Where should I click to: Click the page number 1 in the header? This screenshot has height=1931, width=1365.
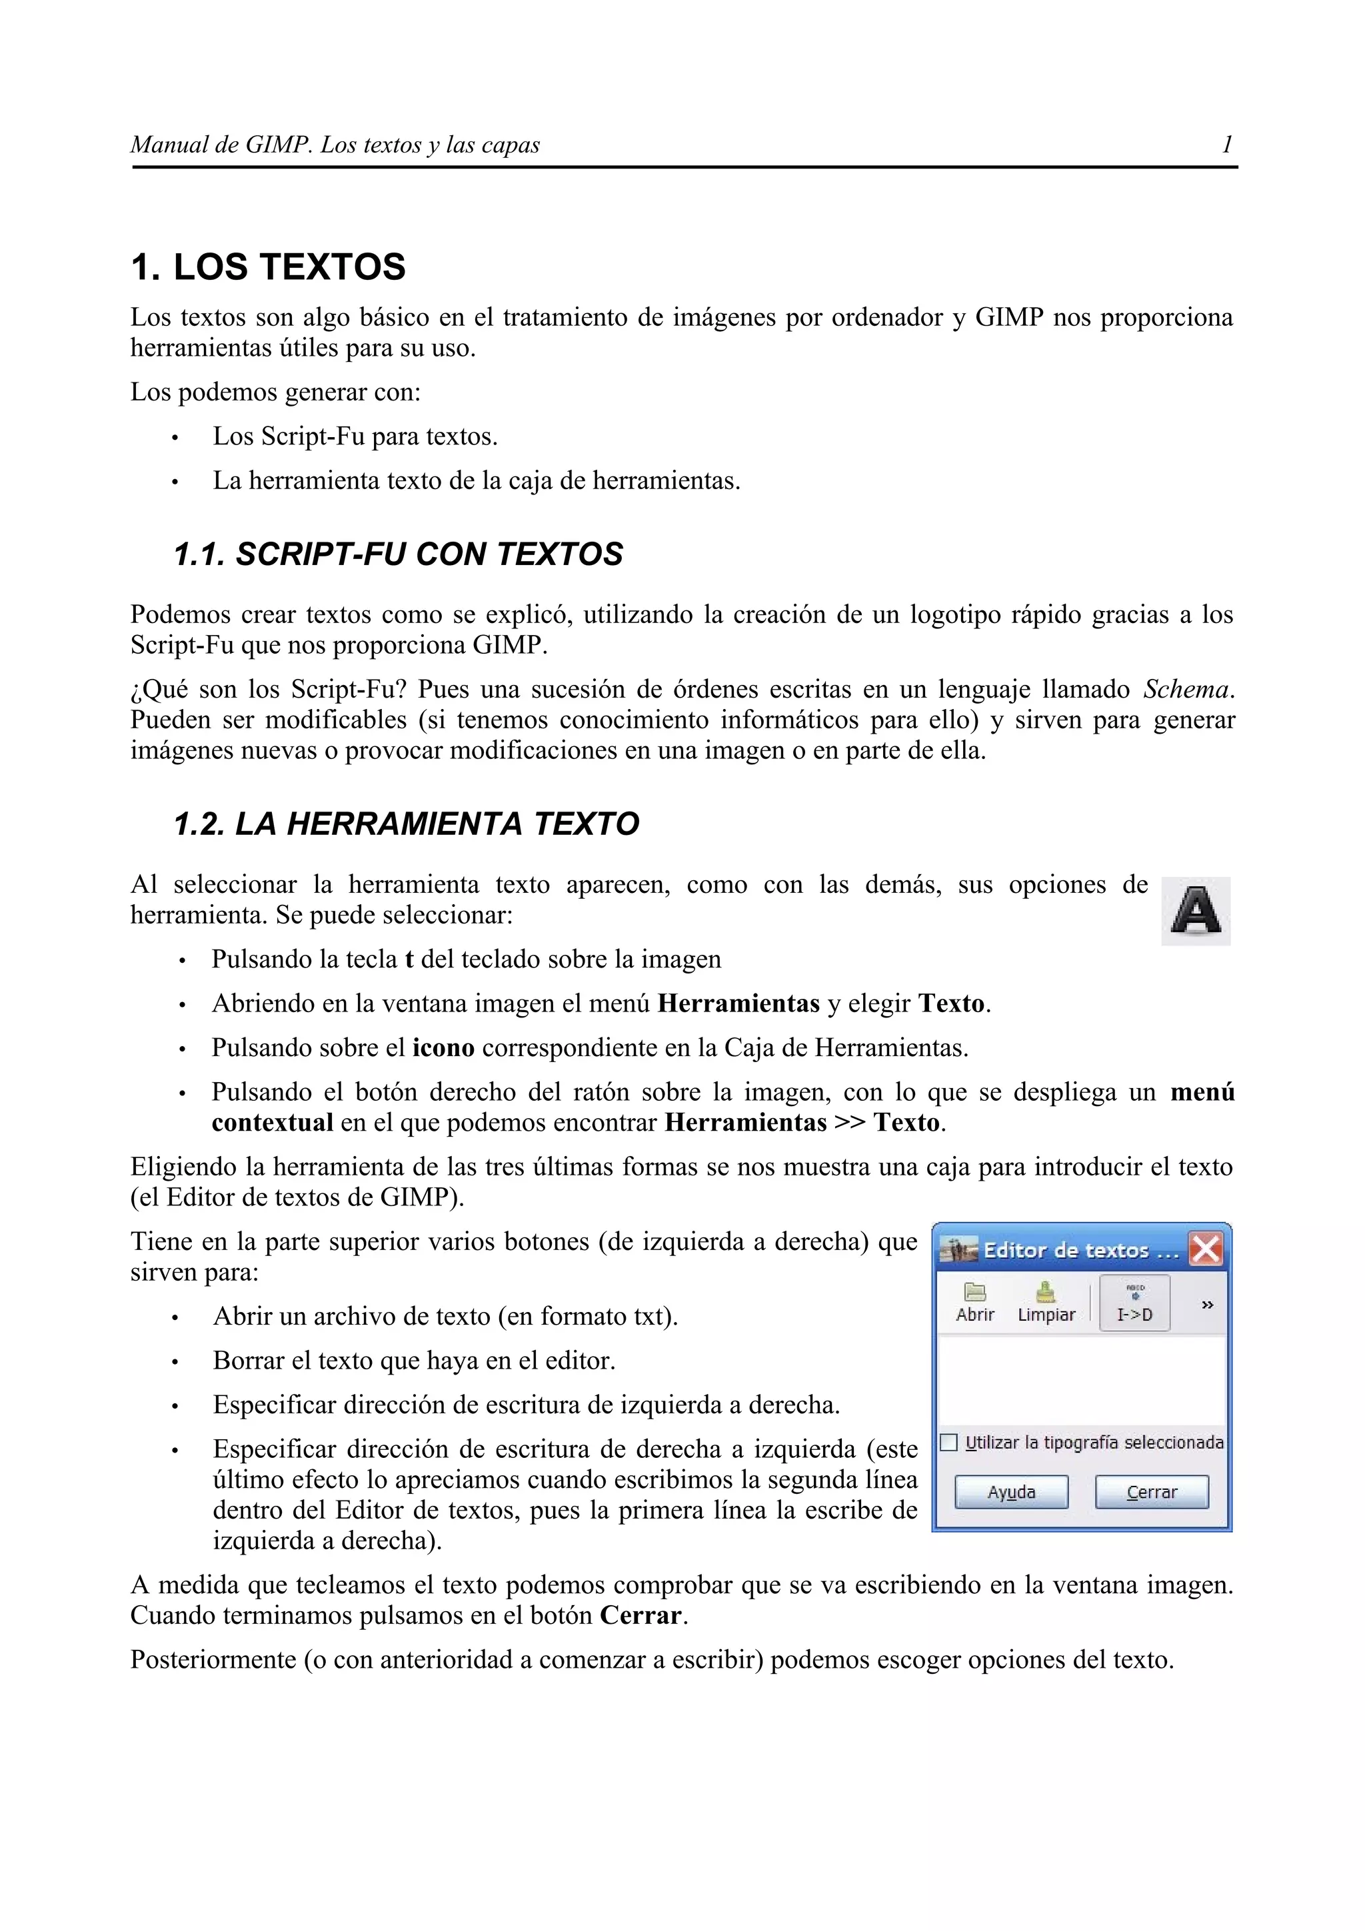tap(1227, 145)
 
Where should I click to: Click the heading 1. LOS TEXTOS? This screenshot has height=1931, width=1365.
tap(269, 267)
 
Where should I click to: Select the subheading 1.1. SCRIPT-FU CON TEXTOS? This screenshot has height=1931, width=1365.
tap(398, 554)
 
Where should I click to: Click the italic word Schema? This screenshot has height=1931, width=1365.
tap(1186, 690)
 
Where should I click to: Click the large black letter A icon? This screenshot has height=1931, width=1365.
tap(1195, 911)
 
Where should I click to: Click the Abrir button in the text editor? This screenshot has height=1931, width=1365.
tap(974, 1303)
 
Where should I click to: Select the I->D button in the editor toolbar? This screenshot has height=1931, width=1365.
tap(1134, 1303)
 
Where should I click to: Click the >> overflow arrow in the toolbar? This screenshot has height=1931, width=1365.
tap(1207, 1305)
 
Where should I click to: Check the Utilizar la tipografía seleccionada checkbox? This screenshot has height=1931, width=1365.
tap(948, 1443)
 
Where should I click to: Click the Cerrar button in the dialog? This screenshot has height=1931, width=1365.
tap(1151, 1492)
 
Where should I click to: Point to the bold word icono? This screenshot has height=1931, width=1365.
tap(443, 1048)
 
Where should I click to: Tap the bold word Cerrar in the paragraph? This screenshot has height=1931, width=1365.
tap(640, 1616)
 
